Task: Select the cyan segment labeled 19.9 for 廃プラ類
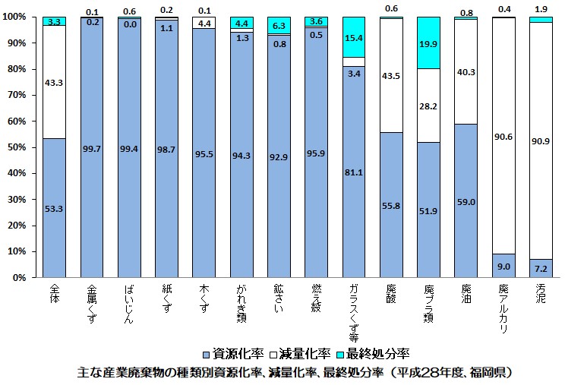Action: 428,43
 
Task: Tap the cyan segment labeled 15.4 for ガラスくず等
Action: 353,36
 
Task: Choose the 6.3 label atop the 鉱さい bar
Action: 278,26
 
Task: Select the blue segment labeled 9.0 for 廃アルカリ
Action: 503,267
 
